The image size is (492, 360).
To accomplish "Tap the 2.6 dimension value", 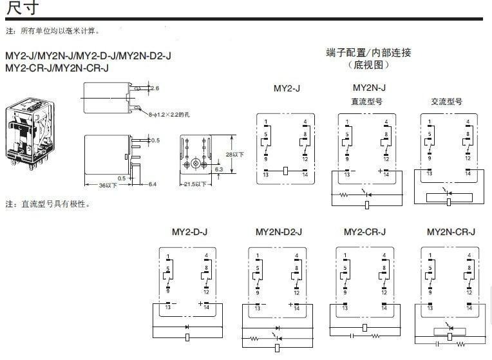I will pos(155,88).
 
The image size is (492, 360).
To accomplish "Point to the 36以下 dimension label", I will pos(108,185).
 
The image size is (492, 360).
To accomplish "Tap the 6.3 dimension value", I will pos(219,169).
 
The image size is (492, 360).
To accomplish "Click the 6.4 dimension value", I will pos(152,185).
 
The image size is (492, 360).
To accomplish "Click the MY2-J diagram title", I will pos(287,88).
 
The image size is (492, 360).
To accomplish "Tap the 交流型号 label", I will pos(446,102).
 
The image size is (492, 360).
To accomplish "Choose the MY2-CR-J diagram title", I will pos(364,231).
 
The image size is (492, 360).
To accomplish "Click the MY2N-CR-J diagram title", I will pos(451,231).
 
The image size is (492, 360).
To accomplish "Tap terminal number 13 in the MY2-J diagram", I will pos(267,175).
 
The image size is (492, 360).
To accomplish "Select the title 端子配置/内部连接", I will pos(368,53).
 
